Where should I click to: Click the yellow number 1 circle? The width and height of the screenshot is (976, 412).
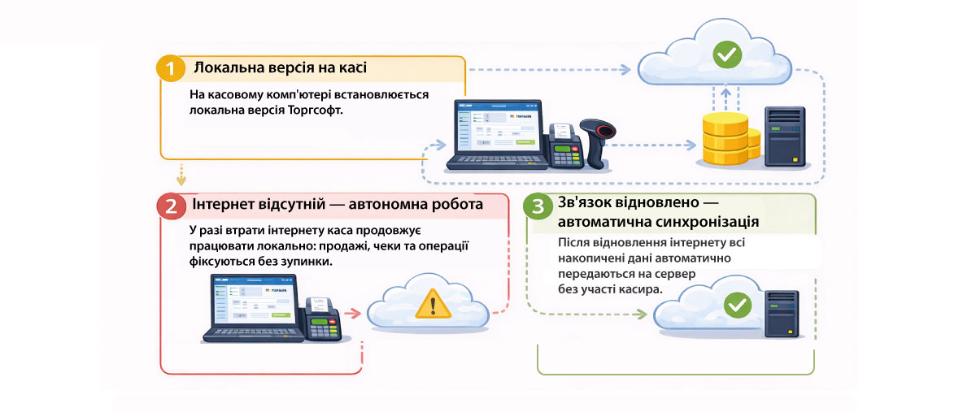pos(171,68)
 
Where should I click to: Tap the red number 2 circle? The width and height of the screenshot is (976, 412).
pos(171,206)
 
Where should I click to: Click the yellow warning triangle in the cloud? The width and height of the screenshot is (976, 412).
pos(433,305)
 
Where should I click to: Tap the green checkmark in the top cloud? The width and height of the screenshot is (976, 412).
pos(726,54)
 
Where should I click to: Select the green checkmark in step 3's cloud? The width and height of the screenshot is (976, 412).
pos(738,305)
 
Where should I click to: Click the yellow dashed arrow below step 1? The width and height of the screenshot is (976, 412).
pos(181,174)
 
